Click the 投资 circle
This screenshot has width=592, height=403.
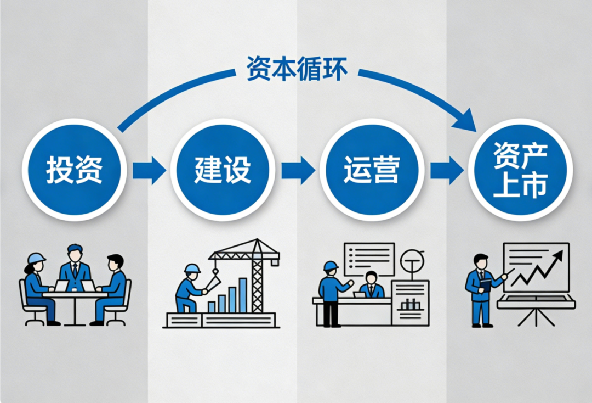[x=73, y=170]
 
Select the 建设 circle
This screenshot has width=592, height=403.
[x=223, y=170]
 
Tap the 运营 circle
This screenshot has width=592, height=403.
[x=371, y=170]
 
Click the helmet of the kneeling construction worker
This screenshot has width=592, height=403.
[x=192, y=268]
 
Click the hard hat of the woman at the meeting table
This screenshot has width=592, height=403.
[x=36, y=258]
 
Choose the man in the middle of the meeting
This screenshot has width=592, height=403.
[x=75, y=269]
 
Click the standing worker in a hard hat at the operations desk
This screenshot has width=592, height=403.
[x=331, y=291]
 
